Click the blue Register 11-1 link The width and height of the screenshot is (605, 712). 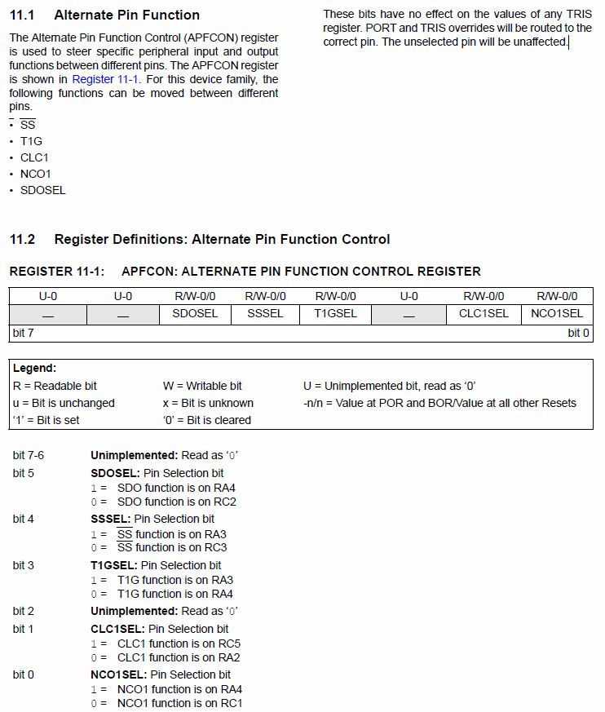point(105,79)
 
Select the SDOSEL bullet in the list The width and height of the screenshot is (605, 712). point(43,190)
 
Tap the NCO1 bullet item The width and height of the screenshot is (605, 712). point(36,174)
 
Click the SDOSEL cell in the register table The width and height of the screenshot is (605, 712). point(195,313)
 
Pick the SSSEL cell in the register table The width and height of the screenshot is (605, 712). point(266,313)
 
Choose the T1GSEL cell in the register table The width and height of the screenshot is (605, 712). point(335,313)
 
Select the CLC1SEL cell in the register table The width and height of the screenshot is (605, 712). point(484,313)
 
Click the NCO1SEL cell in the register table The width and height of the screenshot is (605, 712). point(557,313)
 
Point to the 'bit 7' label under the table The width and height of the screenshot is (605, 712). point(23,333)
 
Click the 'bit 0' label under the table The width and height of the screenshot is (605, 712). point(579,333)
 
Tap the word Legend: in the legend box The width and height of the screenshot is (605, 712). point(35,369)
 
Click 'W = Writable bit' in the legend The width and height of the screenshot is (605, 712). point(202,386)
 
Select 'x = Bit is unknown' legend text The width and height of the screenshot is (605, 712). point(208,403)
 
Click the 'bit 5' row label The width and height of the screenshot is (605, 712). point(24,473)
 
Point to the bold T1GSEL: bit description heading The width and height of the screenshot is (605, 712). point(114,565)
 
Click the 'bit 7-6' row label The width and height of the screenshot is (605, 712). point(29,455)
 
